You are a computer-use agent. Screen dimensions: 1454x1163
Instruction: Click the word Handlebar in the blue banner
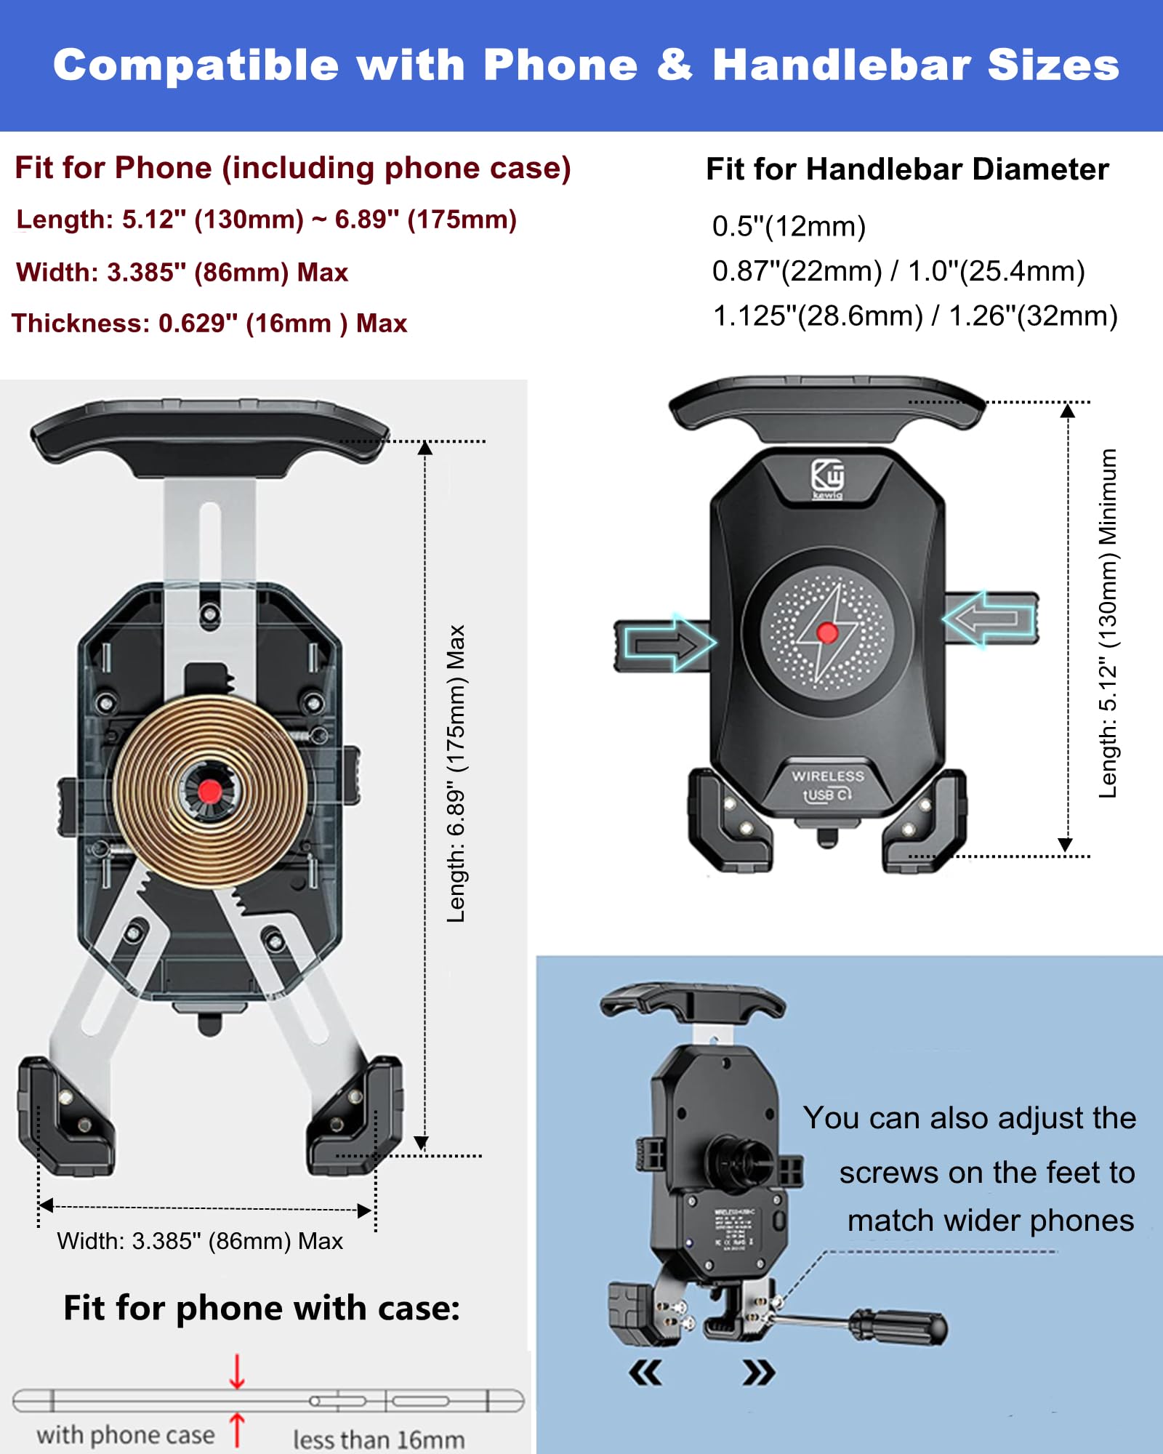tap(841, 65)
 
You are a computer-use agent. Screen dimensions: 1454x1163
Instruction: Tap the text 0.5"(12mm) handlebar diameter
tap(789, 227)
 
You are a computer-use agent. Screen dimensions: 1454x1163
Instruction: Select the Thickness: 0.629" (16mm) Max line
tap(209, 324)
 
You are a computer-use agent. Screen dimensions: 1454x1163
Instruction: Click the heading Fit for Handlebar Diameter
tap(907, 169)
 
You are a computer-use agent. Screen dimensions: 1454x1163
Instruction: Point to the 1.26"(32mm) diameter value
tap(1033, 316)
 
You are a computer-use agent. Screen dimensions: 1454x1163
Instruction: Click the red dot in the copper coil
tap(210, 791)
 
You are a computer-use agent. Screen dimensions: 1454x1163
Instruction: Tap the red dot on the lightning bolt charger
tap(827, 632)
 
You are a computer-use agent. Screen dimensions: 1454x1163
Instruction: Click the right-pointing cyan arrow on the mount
tap(669, 643)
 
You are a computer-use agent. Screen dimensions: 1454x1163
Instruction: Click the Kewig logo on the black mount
tap(827, 478)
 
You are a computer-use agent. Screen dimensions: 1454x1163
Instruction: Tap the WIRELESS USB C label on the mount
tap(828, 785)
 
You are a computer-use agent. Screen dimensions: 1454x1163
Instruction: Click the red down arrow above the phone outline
tap(237, 1371)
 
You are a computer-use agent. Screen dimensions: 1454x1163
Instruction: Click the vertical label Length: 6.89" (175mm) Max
tap(456, 774)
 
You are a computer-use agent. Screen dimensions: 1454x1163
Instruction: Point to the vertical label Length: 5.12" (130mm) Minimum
tap(1108, 624)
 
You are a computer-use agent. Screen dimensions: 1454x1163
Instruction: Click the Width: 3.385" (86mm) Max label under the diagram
tap(200, 1241)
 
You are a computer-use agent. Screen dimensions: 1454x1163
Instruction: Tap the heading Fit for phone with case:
tap(262, 1308)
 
